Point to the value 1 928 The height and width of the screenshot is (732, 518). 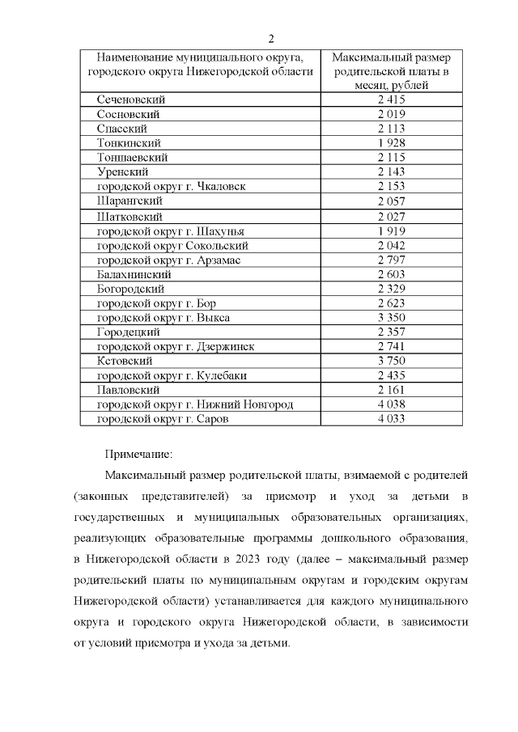coord(391,142)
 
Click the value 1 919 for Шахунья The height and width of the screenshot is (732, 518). coord(391,231)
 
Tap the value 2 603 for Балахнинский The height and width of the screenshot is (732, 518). coord(391,274)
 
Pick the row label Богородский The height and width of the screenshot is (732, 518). coord(131,289)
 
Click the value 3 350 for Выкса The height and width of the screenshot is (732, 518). coord(391,318)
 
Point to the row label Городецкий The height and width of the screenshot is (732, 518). coord(129,332)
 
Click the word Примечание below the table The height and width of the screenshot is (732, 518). coord(138,455)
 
